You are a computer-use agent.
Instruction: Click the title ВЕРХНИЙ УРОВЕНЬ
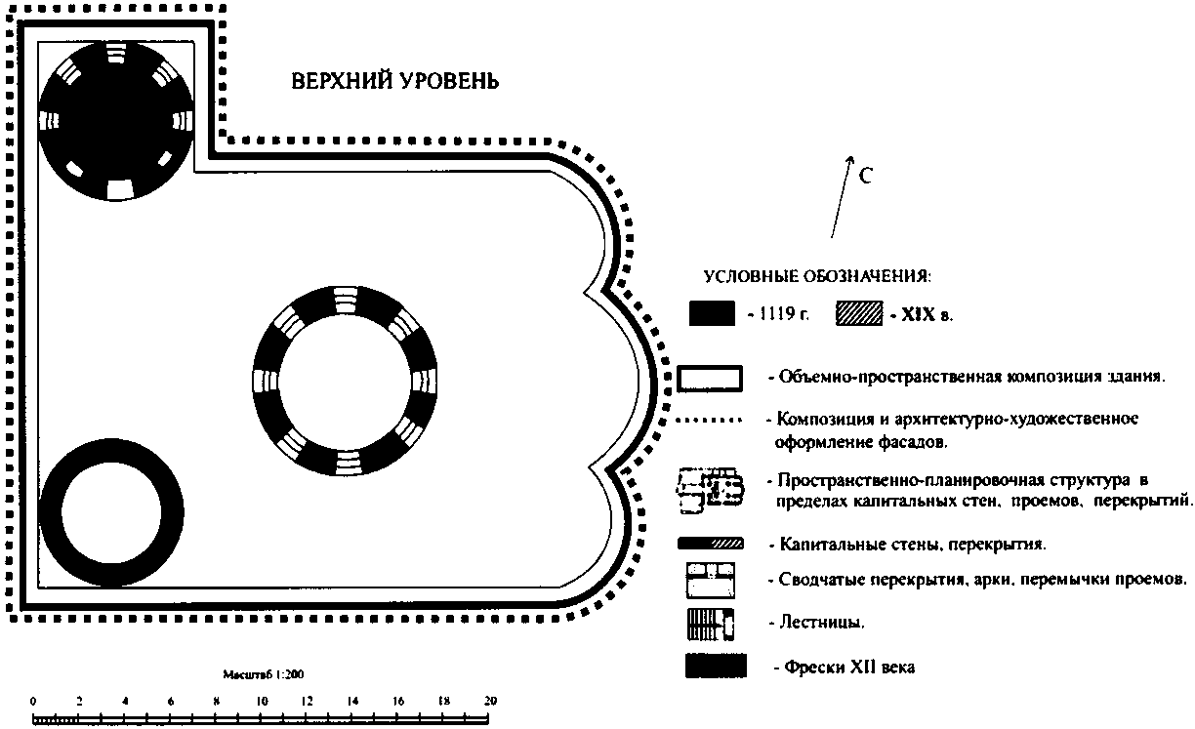(x=395, y=81)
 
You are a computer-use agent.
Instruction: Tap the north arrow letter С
(x=865, y=177)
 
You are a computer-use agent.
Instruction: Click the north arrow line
(x=840, y=200)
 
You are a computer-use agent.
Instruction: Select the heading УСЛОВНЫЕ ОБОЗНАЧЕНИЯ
(x=817, y=275)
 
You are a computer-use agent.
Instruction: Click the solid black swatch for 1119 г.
(x=711, y=313)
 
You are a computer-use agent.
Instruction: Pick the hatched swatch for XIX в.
(x=858, y=313)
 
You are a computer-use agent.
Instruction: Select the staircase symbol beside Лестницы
(x=711, y=621)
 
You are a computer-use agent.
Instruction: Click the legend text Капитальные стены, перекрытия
(x=914, y=543)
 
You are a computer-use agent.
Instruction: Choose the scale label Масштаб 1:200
(x=264, y=674)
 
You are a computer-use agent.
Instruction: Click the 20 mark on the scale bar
(x=490, y=701)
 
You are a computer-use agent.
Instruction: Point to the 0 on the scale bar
(x=33, y=701)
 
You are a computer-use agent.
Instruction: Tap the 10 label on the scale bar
(x=262, y=701)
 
